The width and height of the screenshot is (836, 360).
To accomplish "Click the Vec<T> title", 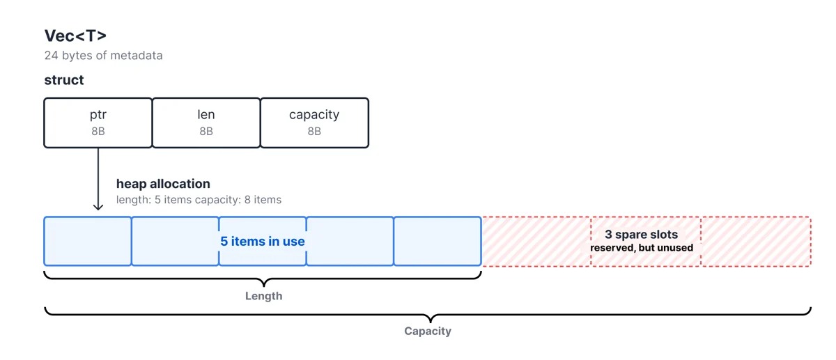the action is (75, 36).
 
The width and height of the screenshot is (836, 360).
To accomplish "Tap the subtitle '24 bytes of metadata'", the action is (103, 56).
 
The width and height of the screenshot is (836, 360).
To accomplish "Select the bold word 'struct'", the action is (64, 80).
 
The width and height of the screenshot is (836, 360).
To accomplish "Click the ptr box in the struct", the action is (98, 123).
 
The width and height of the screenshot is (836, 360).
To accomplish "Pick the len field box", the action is (206, 123).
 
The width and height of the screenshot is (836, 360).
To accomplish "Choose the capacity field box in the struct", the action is (314, 123).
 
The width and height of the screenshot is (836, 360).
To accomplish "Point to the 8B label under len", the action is (206, 132).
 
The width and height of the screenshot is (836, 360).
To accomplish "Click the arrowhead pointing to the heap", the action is (98, 207).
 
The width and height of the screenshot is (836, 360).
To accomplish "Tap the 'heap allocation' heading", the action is (163, 184).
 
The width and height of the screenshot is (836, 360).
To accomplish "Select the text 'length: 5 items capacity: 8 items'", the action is (199, 200).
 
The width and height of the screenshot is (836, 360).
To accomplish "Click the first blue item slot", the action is (88, 241).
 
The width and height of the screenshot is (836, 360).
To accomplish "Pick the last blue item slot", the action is (438, 241).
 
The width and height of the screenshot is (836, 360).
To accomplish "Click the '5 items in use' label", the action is (263, 242).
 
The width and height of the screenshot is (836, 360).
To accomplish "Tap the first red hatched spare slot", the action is (536, 242).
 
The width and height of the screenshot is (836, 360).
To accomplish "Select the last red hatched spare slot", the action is (756, 242).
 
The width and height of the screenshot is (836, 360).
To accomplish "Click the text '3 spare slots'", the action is (641, 234).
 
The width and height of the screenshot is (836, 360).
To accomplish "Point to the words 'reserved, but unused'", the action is (642, 248).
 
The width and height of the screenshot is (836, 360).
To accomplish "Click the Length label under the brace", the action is (264, 296).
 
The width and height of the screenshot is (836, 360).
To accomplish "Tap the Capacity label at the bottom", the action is (428, 331).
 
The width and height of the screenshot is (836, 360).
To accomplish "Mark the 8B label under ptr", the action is (98, 132).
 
